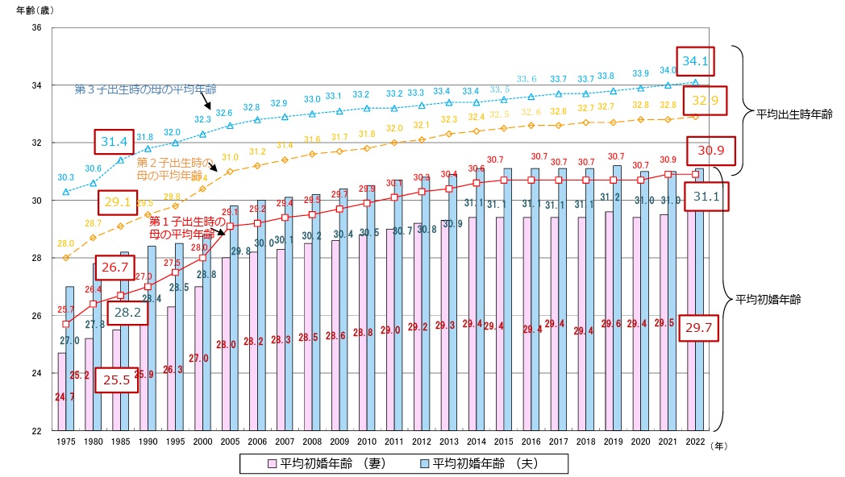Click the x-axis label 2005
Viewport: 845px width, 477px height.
(x=231, y=442)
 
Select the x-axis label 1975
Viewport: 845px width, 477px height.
(x=66, y=442)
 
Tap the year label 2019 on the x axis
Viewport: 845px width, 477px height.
(x=614, y=442)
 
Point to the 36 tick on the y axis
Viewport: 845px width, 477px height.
(x=36, y=28)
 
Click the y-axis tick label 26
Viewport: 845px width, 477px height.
(x=36, y=316)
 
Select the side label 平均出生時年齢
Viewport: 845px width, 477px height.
(x=788, y=115)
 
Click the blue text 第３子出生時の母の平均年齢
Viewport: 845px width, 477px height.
(x=145, y=88)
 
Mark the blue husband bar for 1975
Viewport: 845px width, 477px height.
(x=70, y=359)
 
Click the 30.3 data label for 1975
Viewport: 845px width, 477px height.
(x=66, y=177)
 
